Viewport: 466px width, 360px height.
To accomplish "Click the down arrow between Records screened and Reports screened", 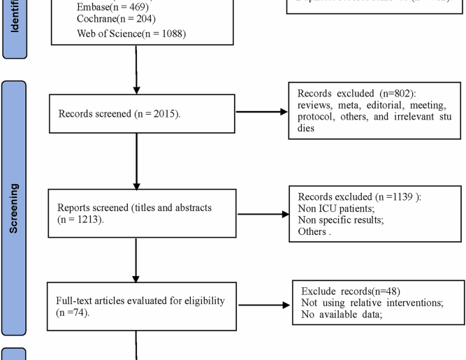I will coord(137,160).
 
